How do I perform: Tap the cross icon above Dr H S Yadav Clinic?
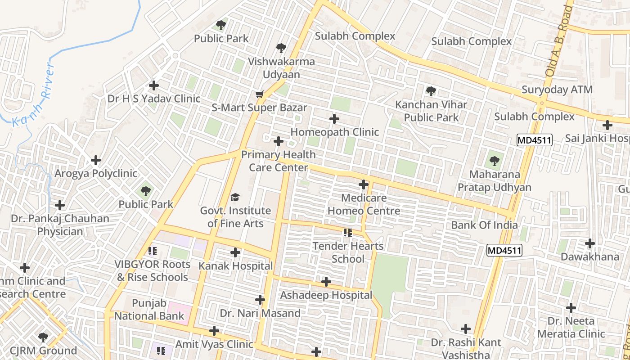tap(154, 85)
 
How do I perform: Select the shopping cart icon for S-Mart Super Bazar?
tap(259, 94)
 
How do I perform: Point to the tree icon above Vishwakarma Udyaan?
tap(281, 48)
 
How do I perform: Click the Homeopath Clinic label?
tap(335, 132)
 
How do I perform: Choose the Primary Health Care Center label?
tap(279, 161)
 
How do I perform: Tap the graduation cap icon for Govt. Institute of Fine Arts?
tap(235, 197)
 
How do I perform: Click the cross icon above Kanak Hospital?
tap(235, 252)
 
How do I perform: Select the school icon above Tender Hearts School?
tap(347, 233)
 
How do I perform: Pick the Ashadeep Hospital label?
tap(326, 295)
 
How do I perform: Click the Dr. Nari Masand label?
tap(260, 313)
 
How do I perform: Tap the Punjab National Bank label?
tap(149, 310)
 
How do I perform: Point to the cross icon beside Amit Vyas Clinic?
tap(214, 331)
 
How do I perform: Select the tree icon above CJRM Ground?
tap(43, 337)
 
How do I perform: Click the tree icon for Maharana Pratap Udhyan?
tap(495, 161)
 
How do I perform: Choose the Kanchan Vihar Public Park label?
tap(431, 111)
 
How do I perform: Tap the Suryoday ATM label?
tap(557, 90)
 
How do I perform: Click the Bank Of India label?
tap(484, 225)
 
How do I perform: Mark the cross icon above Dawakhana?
tap(590, 243)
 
